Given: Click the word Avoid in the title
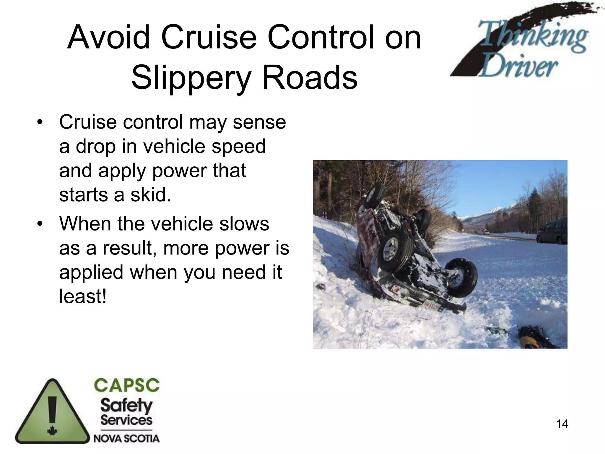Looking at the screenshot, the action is tap(109, 38).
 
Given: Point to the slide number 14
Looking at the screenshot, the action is tap(562, 424).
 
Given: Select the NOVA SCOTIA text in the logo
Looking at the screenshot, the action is tap(126, 438).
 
